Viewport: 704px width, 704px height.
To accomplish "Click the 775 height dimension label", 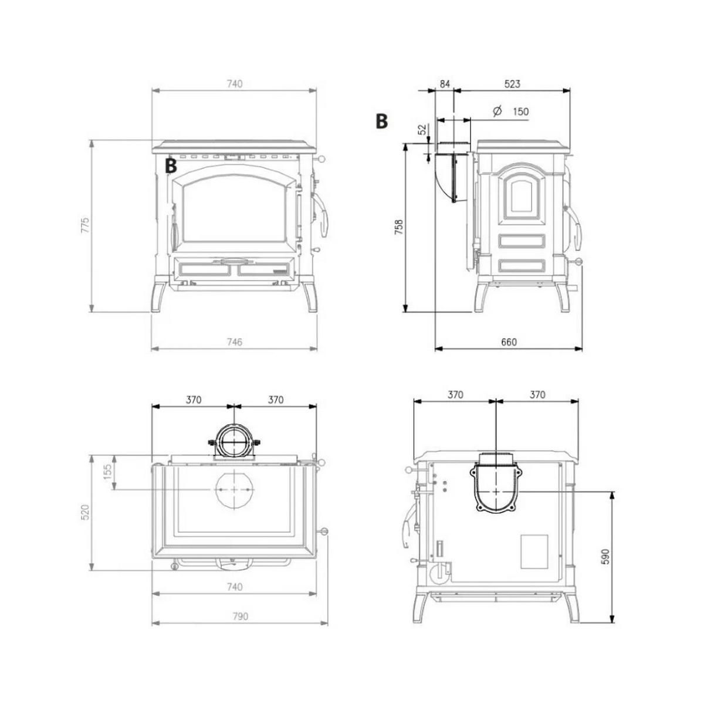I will [85, 226].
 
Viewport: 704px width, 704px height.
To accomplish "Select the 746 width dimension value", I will [234, 342].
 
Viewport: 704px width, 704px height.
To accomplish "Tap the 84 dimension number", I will [445, 84].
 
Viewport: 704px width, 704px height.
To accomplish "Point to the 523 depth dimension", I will [512, 84].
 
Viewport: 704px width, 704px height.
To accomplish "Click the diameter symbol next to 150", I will [497, 111].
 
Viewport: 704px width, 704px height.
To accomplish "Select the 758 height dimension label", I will [398, 227].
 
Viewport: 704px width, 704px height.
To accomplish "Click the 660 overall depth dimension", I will [509, 342].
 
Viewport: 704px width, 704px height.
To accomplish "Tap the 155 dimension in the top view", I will [107, 472].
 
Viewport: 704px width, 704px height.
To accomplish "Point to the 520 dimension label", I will [85, 512].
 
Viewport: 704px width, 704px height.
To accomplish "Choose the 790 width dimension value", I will [240, 616].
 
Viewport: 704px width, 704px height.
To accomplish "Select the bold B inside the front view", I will [171, 165].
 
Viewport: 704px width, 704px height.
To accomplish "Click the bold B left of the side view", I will [381, 121].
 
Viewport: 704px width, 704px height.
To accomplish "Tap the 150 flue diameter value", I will [520, 111].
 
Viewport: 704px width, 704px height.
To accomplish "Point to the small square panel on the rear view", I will [534, 551].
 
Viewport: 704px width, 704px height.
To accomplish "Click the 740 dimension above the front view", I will [234, 84].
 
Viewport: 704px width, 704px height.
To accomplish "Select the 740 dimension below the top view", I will [234, 587].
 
